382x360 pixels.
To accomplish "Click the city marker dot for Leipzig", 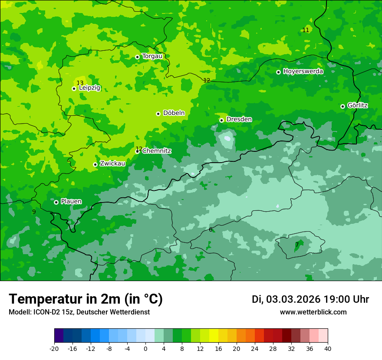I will (x=74, y=88).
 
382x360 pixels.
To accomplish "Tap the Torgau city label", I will (x=152, y=56).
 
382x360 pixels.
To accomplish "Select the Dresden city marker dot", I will (x=221, y=120).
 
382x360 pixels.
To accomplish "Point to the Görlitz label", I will (x=357, y=105).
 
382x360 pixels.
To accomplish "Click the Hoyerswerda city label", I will (x=303, y=71).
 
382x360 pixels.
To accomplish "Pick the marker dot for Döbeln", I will (x=158, y=114).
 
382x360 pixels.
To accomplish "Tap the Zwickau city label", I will (x=112, y=164).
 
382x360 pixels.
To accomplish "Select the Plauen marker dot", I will (x=56, y=202).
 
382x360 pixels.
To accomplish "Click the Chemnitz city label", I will (x=157, y=151).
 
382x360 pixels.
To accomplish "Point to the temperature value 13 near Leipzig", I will (x=80, y=83).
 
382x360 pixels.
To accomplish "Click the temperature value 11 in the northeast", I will (x=306, y=30).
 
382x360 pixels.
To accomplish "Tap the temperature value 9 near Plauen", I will (x=34, y=212).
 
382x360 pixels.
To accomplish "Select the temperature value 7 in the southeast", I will (x=297, y=245).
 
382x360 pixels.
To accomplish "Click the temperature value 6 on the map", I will (x=211, y=229).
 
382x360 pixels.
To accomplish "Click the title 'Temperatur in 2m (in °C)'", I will (x=86, y=299).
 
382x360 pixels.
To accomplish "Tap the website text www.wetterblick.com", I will (x=313, y=312).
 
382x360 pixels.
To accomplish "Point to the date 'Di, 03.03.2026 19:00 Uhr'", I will (x=310, y=299).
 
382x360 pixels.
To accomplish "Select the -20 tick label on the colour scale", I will (x=54, y=348).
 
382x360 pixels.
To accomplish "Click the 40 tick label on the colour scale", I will (x=328, y=348).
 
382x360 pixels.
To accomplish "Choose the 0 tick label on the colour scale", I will (x=145, y=348).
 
